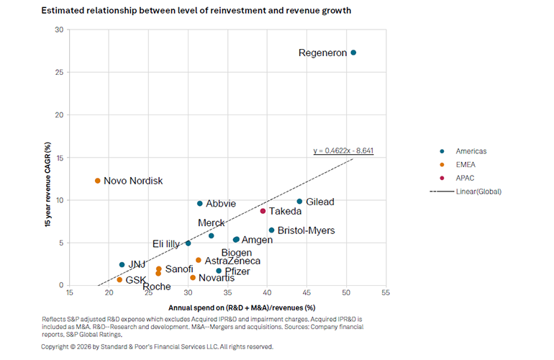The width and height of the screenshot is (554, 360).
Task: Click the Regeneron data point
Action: coord(353,53)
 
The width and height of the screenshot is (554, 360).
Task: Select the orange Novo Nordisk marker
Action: coord(98,181)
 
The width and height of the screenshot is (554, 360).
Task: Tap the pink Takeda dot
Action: coord(263,211)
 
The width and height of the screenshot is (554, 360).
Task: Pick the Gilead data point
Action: coord(299,202)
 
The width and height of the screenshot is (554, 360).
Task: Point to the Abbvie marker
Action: coord(200,204)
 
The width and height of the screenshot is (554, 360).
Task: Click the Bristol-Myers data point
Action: coord(271,230)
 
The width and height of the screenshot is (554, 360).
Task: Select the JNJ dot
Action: coord(122,265)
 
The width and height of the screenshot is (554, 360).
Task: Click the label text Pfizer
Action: coord(237,271)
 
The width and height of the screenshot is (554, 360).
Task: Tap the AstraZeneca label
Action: coord(232,261)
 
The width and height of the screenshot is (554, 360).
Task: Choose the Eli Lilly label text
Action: coord(166,244)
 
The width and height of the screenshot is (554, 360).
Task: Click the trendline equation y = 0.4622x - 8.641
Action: coord(343,151)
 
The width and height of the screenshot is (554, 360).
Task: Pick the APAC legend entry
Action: coord(466,178)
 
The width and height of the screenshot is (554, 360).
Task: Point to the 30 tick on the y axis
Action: coord(59,30)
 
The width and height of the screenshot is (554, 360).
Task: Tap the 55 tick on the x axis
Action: coord(386,294)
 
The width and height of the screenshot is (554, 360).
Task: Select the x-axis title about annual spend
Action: coord(227,307)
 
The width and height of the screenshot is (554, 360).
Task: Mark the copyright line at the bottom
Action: coord(157,346)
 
